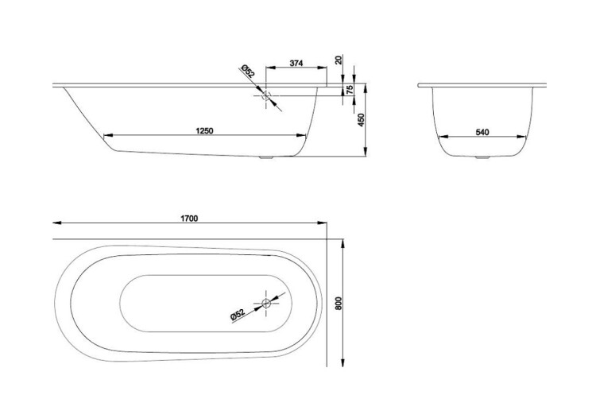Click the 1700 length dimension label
click(189, 219)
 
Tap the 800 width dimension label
click(339, 303)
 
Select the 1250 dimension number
click(204, 131)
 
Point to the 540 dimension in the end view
click(482, 132)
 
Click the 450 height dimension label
click(361, 120)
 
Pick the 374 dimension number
click(296, 63)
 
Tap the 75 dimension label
click(350, 90)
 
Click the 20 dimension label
click(339, 60)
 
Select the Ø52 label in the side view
click(247, 71)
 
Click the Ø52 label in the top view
click(237, 316)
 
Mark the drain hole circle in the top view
click(266, 303)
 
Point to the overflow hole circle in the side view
click(266, 95)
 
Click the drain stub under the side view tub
click(265, 157)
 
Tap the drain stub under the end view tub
click(482, 157)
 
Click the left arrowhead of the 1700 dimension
click(57, 223)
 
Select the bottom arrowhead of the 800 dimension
click(343, 362)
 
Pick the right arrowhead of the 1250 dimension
click(301, 135)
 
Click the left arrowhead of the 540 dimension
click(442, 137)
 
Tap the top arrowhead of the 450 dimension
click(366, 88)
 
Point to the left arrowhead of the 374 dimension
click(270, 68)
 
